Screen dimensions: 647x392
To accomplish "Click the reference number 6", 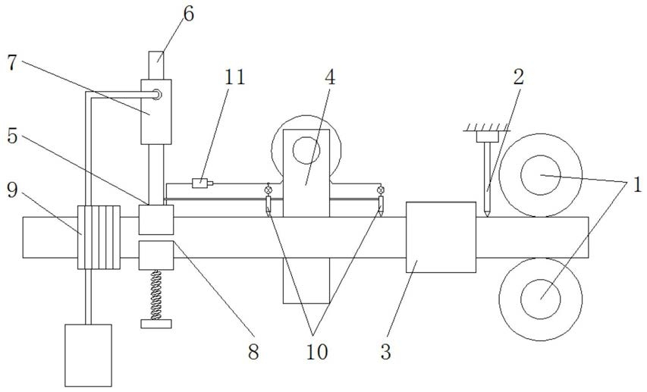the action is click(x=188, y=14).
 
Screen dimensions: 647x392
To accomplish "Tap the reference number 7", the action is click(x=11, y=62).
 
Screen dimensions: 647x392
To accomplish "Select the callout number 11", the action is click(x=234, y=77).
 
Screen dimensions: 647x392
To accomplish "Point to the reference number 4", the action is click(x=330, y=77).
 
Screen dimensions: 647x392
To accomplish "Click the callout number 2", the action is click(x=518, y=77).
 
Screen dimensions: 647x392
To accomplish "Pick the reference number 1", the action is click(x=637, y=184).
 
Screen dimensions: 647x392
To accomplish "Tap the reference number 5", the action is click(x=12, y=136).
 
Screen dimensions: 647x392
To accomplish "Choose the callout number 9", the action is click(x=12, y=190).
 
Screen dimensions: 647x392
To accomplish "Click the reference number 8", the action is click(x=253, y=352).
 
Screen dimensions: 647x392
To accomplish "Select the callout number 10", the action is click(x=317, y=352).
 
